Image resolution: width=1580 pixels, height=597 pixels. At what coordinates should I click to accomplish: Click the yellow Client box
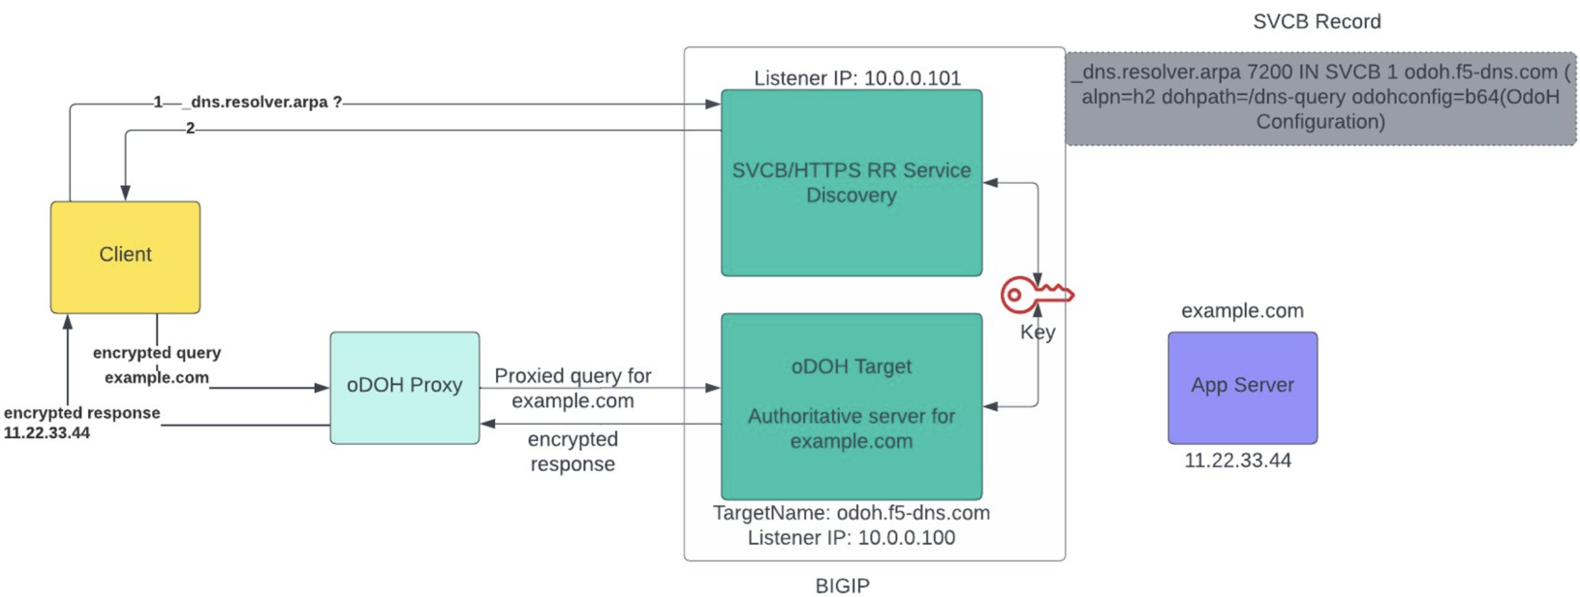pos(125,257)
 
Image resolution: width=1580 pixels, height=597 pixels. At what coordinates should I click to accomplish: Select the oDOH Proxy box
pos(404,387)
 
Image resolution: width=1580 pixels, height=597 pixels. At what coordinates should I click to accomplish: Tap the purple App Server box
pos(1242,387)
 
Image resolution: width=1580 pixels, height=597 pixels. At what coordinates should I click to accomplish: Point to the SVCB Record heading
pos(1316,22)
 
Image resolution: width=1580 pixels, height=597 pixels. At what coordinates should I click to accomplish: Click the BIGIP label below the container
pos(842,585)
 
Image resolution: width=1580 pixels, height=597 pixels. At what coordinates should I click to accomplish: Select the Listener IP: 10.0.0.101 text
pos(857,78)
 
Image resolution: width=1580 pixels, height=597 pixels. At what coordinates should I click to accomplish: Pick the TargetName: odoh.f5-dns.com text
pos(851,512)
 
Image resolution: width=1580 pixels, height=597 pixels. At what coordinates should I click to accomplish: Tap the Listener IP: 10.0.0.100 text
pos(851,537)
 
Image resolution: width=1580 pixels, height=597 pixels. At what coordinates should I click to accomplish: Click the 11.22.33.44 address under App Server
pos(1237,459)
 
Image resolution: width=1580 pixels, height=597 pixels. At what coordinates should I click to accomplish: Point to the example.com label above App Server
pos(1242,311)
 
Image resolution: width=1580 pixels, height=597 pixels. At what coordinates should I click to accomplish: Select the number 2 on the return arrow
pos(190,128)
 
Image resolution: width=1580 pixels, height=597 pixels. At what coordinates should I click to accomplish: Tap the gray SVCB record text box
pos(1320,98)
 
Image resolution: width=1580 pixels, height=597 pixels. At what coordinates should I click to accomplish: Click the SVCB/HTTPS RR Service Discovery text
pos(851,183)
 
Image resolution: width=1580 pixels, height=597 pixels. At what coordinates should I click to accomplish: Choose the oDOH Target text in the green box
pos(851,366)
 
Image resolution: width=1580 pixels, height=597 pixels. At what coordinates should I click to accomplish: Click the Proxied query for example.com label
pos(572,388)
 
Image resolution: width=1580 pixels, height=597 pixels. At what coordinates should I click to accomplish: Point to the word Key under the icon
pos(1037,332)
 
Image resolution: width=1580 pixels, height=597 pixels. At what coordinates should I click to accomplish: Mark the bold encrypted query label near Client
pos(156,352)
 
